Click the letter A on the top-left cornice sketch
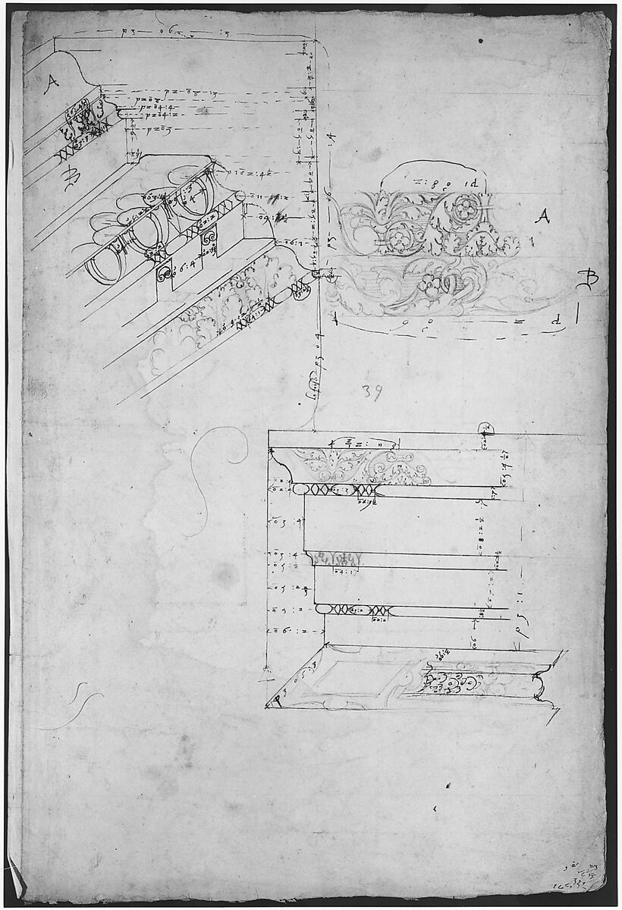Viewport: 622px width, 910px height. tap(51, 84)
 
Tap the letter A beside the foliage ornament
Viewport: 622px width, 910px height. tap(542, 218)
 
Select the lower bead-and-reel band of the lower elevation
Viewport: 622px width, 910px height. tap(357, 610)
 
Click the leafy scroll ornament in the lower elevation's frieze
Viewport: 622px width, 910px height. tap(364, 466)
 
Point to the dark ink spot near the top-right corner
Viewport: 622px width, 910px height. tap(480, 41)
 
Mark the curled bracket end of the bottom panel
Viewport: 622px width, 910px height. tap(540, 686)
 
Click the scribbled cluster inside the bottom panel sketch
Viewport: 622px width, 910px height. tap(448, 679)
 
